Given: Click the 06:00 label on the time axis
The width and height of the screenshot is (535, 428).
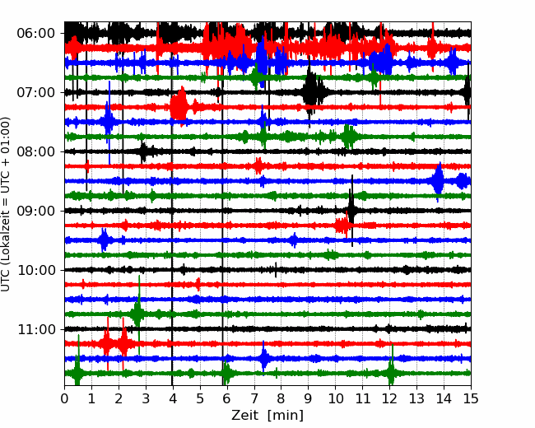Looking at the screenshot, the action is [36, 34].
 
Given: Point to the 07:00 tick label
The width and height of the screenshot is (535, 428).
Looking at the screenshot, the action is [36, 92].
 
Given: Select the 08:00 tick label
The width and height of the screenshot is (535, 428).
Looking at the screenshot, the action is [36, 151].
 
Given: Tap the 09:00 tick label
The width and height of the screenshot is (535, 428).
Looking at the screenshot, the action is [36, 211].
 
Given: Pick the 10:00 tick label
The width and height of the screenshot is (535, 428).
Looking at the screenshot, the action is [36, 270].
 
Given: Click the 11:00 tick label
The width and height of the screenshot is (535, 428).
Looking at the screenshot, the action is [36, 329].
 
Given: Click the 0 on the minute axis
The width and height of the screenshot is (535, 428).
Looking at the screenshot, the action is [64, 398].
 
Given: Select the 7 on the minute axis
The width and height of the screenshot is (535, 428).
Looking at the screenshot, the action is [254, 398].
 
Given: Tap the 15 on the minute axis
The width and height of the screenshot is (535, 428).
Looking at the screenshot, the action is [471, 398].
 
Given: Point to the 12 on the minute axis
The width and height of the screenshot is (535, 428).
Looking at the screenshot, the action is [389, 398].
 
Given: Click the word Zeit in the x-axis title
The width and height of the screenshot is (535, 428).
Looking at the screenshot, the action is [244, 416].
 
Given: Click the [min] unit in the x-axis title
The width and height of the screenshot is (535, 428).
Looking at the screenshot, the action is [286, 416].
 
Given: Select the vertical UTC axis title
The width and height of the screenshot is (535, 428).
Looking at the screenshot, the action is [6, 204].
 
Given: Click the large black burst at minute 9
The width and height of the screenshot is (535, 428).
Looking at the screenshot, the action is [311, 91].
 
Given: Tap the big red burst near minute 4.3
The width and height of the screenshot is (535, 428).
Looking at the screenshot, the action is [179, 107].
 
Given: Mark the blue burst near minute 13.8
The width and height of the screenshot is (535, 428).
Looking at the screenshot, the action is [438, 181].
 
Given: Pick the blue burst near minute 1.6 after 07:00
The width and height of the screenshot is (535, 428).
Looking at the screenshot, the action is [109, 122].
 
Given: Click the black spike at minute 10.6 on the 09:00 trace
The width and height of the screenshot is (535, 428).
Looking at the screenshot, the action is [351, 211].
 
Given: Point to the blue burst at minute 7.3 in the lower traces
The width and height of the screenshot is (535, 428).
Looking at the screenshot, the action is [263, 358].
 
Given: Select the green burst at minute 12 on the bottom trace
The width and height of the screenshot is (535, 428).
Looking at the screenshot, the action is [392, 373].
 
